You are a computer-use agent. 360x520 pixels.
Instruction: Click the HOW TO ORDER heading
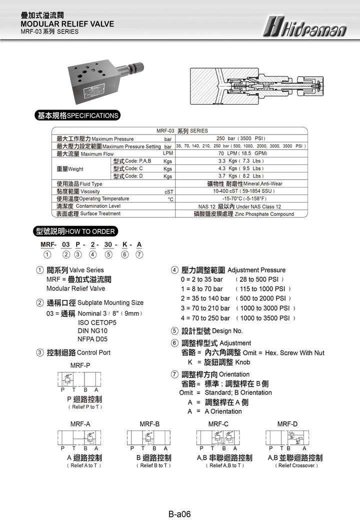[x=75, y=231]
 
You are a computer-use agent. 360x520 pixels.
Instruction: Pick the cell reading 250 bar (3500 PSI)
[x=241, y=138]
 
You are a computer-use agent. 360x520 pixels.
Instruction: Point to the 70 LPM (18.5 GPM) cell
[x=241, y=153]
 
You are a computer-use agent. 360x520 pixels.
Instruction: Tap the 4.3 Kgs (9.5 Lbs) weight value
[x=241, y=168]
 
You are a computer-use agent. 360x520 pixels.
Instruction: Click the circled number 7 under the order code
[x=139, y=254]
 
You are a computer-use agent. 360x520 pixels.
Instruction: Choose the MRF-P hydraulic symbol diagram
[x=80, y=380]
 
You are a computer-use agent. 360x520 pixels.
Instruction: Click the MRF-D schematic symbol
[x=287, y=439]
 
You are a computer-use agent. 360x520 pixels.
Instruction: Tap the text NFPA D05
[x=93, y=339]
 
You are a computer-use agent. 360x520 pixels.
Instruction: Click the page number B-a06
[x=179, y=513]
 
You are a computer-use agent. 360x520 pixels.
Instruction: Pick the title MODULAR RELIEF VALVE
[x=67, y=24]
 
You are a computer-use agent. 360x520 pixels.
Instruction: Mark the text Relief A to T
[x=84, y=465]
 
